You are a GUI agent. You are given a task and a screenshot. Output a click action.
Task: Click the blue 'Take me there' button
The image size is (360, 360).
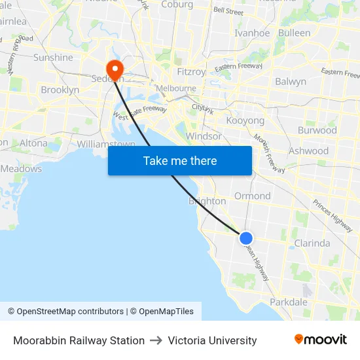pos(180,161)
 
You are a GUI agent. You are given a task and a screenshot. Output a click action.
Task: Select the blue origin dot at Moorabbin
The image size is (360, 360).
pos(246,238)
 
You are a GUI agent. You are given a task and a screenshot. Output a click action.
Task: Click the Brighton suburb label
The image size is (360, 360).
pos(207,202)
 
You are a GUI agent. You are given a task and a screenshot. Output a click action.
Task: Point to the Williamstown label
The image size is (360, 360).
pos(106,144)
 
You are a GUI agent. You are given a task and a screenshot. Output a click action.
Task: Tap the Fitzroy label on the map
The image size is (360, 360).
pos(191,71)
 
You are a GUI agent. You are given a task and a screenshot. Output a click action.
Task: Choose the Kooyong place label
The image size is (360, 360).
pos(245,120)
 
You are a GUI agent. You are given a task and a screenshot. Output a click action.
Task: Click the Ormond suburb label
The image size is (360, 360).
pos(252,196)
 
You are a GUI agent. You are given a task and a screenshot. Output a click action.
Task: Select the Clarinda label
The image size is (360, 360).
pos(312,243)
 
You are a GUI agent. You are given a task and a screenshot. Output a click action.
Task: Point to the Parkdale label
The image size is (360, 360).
pos(289,302)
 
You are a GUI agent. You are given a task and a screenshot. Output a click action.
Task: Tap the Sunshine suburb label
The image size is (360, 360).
pos(53,58)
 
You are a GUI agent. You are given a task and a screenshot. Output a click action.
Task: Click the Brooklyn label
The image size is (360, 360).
pos(60,90)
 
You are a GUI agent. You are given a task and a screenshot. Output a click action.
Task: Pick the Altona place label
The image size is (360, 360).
pos(34,143)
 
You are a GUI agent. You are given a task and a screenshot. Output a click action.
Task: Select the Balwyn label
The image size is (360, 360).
pos(291,82)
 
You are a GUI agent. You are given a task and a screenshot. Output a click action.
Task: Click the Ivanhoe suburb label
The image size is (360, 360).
pos(252,33)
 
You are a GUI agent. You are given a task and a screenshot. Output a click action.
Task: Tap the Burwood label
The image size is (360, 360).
pos(317,130)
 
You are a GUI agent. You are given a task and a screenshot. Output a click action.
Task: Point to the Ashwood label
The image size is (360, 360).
pos(308,151)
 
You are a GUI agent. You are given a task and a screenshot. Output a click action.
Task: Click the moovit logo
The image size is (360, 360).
pos(320,340)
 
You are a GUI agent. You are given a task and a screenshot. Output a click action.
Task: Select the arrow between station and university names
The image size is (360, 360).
pos(156,340)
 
